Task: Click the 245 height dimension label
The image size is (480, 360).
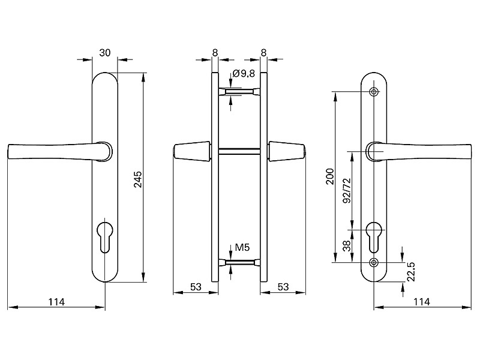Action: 137,180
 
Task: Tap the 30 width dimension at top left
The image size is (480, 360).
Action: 104,53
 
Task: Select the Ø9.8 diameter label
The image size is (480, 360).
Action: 244,73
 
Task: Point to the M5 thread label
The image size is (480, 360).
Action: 242,247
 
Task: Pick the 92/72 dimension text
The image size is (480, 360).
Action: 346,191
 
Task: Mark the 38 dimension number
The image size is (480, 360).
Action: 346,246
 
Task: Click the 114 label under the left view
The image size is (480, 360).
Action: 56,301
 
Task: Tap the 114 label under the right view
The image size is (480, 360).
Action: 422,301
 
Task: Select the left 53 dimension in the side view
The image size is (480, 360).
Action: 195,287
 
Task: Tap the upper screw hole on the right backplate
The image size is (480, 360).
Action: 374,92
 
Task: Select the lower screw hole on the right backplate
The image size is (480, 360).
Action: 374,262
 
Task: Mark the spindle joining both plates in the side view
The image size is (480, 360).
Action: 239,151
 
